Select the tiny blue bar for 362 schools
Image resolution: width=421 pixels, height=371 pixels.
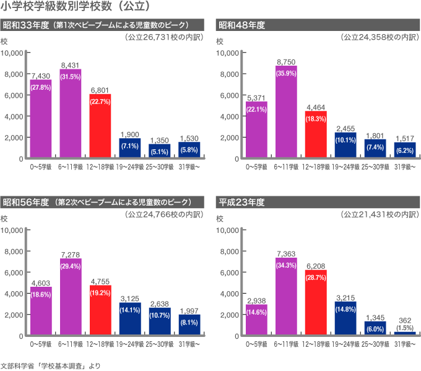[x=405, y=334]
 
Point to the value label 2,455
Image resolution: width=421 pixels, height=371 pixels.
[x=345, y=128]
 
